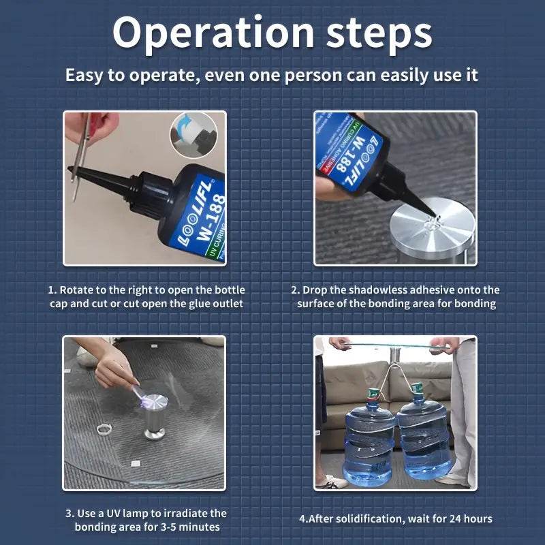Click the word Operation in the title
[x=213, y=34]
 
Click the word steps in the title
[x=379, y=34]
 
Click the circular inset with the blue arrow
[x=193, y=135]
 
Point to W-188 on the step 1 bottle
[x=211, y=217]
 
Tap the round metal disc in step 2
[x=432, y=228]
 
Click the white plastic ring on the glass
[x=104, y=429]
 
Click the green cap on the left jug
[x=373, y=394]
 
